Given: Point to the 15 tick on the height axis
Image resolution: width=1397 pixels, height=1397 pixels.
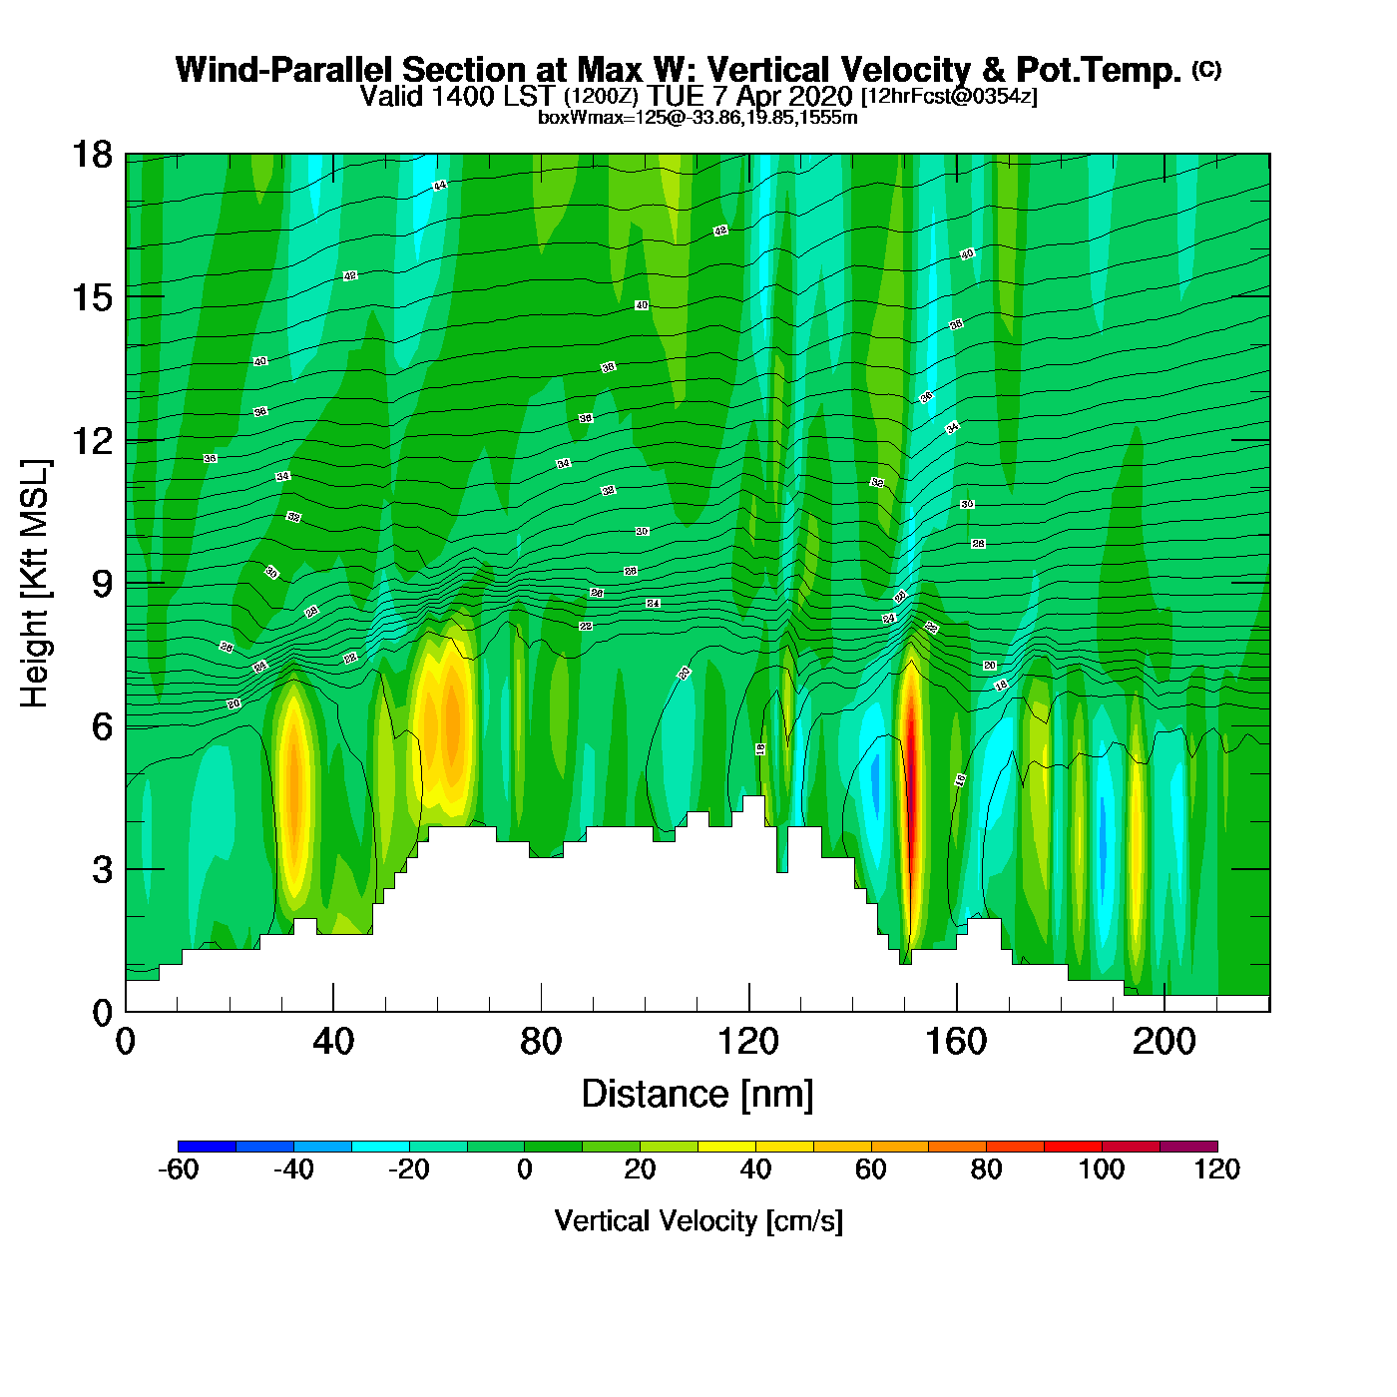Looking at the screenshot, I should click(x=92, y=297).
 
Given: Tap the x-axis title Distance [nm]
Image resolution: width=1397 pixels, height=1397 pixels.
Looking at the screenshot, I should click(x=698, y=1095).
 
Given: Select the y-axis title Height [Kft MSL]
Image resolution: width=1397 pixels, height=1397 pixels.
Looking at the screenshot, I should click(x=35, y=584).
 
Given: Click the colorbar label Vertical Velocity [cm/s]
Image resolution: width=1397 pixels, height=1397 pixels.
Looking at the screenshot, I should click(x=698, y=1221).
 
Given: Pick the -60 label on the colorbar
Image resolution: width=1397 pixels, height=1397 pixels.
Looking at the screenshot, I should click(x=179, y=1169).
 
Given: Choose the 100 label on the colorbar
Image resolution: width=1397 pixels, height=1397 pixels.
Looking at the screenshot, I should click(x=1102, y=1169).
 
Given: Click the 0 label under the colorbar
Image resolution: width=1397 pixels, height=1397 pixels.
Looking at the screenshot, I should click(x=525, y=1169).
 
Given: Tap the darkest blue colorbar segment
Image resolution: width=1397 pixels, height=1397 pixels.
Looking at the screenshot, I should click(x=207, y=1147).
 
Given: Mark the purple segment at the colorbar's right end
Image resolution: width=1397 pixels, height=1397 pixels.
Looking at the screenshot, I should click(x=1188, y=1147).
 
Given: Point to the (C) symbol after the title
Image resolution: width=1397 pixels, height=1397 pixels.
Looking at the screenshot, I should click(x=1206, y=69).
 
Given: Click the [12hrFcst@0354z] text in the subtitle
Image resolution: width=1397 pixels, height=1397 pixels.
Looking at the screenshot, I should click(x=949, y=97).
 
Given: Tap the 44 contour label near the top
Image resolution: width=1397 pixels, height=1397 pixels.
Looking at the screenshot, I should click(x=440, y=186).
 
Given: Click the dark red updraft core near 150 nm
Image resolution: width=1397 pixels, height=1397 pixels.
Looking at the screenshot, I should click(x=910, y=788).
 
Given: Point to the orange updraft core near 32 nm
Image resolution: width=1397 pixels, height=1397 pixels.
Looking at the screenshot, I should click(x=293, y=788).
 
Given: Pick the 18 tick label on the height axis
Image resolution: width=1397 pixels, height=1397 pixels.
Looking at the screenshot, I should click(x=92, y=155).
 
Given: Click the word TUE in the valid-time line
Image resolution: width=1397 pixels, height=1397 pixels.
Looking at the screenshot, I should click(x=673, y=97).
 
